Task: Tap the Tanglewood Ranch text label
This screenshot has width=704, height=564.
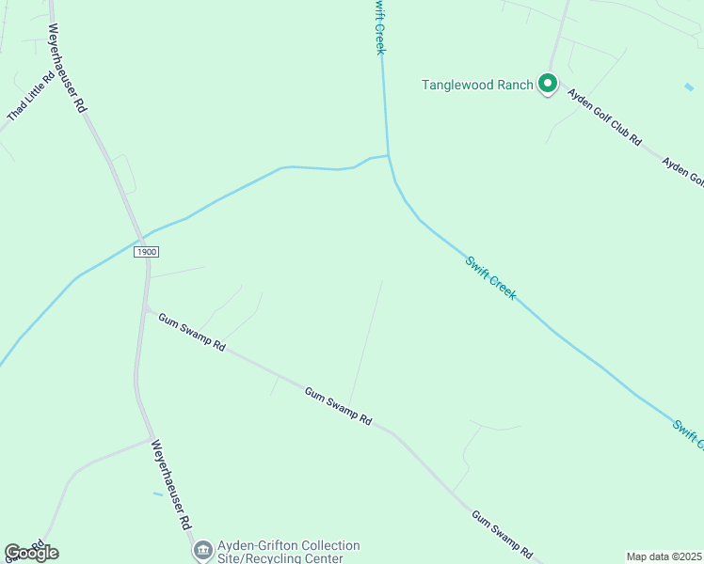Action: click(477, 85)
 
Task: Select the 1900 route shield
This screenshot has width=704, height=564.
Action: click(145, 252)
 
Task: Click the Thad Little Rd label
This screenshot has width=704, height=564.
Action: click(31, 98)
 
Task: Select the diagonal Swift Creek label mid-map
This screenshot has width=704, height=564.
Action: click(490, 277)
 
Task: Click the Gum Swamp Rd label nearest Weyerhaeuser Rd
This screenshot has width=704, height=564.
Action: click(191, 333)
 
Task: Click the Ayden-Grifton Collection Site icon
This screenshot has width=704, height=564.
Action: click(202, 551)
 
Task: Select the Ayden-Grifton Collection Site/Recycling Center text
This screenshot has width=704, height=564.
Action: click(288, 552)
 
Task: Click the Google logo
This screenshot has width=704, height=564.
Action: click(31, 553)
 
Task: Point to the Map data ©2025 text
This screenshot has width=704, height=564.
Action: click(664, 556)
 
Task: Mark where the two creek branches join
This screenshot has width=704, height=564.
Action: click(388, 155)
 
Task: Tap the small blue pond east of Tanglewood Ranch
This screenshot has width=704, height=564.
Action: click(689, 87)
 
